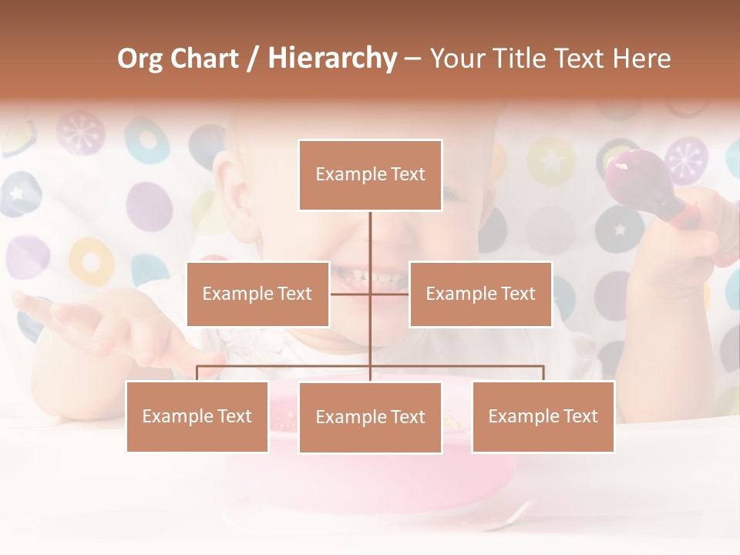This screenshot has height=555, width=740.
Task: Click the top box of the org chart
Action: click(370, 175)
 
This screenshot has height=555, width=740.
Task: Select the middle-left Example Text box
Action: click(257, 294)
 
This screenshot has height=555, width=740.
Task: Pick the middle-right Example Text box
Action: click(480, 294)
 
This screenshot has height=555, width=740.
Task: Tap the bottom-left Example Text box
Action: click(197, 416)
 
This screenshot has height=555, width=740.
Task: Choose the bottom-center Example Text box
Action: click(370, 417)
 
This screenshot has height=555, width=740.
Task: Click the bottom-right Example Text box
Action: click(543, 416)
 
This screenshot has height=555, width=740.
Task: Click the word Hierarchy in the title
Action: click(331, 59)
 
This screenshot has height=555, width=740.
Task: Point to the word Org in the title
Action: click(140, 59)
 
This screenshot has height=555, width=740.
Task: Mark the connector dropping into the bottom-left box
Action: click(197, 373)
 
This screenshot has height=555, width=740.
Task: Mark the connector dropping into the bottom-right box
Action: click(543, 373)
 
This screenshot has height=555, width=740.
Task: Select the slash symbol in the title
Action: click(253, 59)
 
